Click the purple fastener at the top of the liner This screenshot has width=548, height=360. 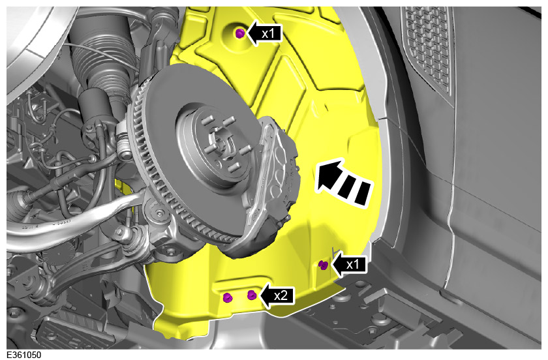click(x=239, y=33)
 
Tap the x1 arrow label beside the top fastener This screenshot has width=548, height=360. click(x=265, y=33)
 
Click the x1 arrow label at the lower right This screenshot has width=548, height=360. click(x=349, y=264)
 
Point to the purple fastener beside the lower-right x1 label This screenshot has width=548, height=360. click(x=324, y=265)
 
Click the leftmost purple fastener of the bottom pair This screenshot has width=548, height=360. click(x=228, y=297)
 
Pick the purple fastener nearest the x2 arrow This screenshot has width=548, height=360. click(x=252, y=295)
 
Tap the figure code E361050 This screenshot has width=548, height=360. click(x=23, y=355)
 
